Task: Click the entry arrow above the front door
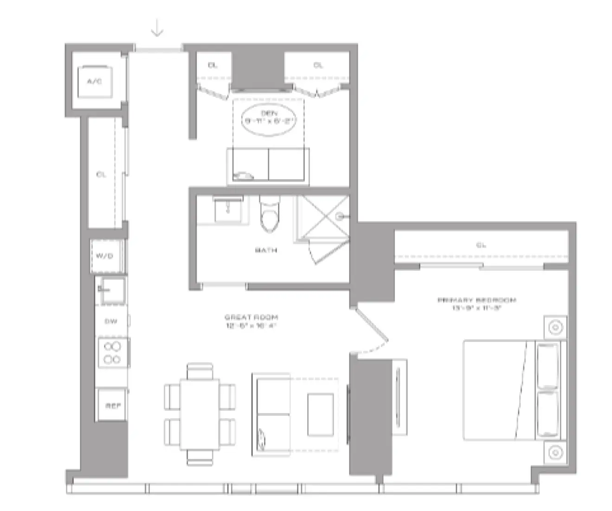tap(157, 30)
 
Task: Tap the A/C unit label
tap(94, 81)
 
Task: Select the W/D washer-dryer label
tap(104, 256)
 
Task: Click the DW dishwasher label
tap(110, 321)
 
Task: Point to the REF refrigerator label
tap(112, 406)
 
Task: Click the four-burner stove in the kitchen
tap(112, 353)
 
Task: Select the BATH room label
tap(266, 250)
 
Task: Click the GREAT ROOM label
tap(251, 317)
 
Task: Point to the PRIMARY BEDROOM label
tap(477, 300)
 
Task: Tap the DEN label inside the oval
tap(269, 113)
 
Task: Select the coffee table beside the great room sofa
tap(320, 415)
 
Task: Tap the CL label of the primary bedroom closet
tap(481, 245)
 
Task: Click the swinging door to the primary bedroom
tap(371, 328)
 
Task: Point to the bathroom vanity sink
tap(227, 210)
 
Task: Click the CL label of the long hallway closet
tap(101, 175)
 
